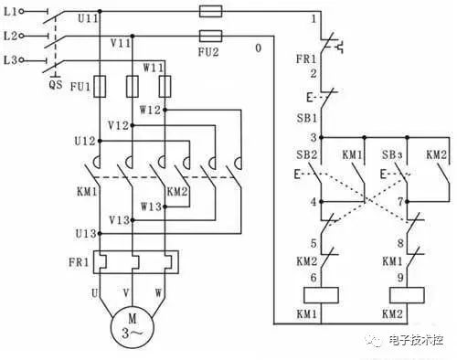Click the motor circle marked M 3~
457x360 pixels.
coord(133,325)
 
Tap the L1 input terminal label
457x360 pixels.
coord(12,12)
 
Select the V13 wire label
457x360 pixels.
coord(120,219)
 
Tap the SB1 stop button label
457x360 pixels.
coord(309,117)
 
